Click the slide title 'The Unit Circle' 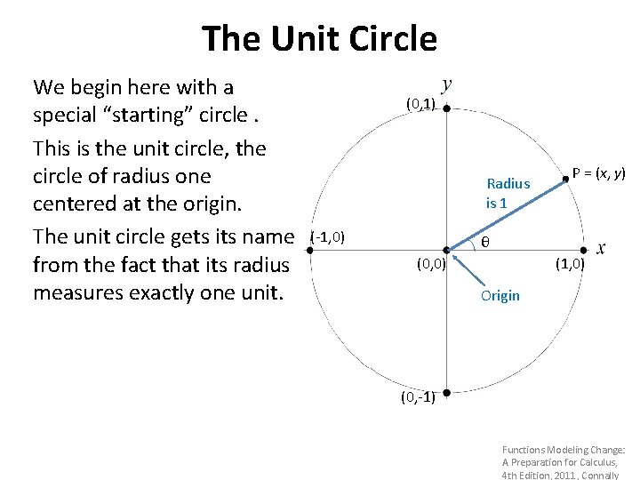320,39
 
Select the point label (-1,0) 328,237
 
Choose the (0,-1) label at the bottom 417,396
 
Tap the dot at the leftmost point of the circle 308,251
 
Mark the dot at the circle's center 446,251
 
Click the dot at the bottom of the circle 446,391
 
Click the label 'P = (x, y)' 599,173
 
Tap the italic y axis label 446,84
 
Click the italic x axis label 601,248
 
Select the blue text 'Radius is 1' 508,193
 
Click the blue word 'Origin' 500,296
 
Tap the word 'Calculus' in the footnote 604,462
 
